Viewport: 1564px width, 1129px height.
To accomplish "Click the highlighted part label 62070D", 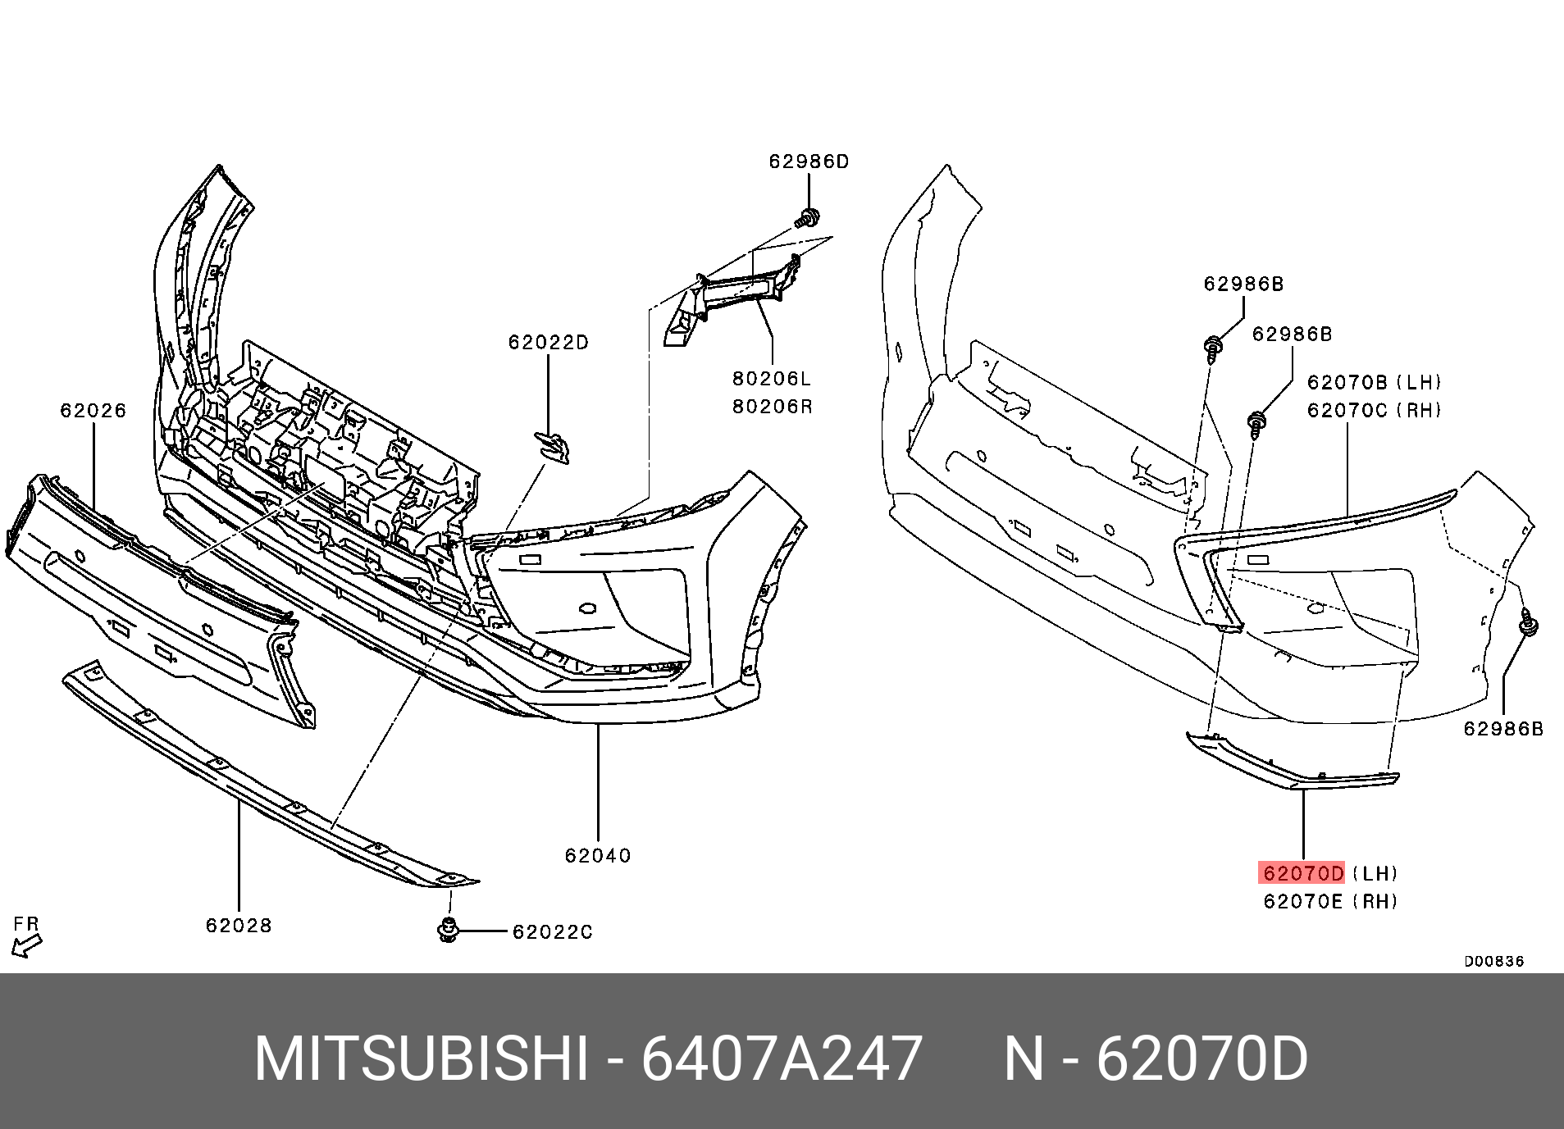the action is [1302, 872].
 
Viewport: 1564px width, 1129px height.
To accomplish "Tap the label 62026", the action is [93, 410].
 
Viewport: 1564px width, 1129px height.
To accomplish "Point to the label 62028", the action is [239, 925].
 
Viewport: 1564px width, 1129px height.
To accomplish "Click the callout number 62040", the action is [598, 855].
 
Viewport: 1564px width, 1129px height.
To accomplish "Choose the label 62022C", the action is [552, 931].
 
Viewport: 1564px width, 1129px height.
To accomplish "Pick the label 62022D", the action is [549, 342].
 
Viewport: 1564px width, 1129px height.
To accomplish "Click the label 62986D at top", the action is [809, 162].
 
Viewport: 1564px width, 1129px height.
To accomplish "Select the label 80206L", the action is [772, 379].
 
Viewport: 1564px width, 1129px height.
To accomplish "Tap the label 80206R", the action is [772, 407].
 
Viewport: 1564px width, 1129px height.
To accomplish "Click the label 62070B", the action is [1347, 382].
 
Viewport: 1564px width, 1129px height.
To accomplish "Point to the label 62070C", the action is [1347, 410].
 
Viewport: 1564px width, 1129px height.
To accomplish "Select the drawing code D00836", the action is [1494, 961].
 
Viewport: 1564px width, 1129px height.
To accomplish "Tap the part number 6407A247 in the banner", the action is [782, 1059].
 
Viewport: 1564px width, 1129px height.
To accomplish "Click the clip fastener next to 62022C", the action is [448, 930].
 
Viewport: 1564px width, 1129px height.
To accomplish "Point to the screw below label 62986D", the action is [808, 218].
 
